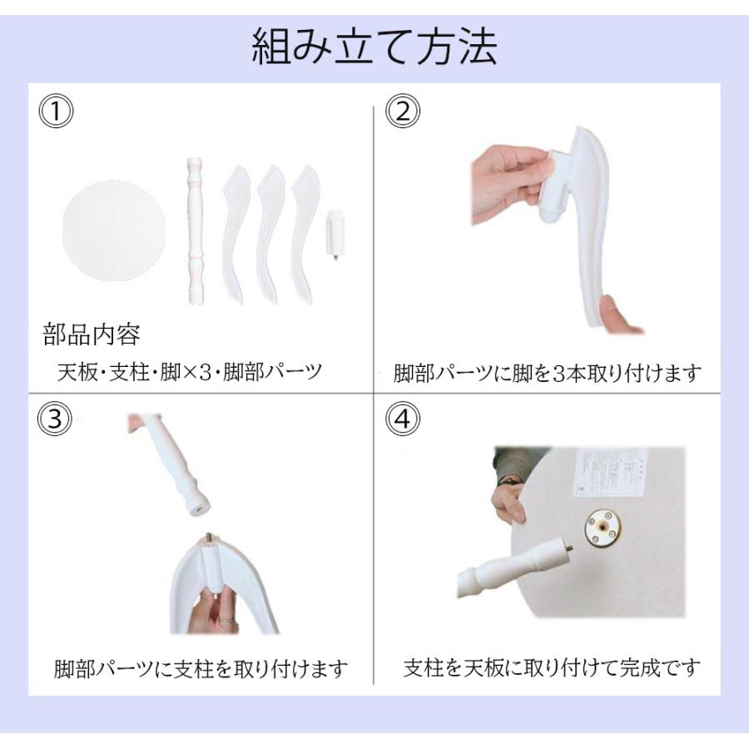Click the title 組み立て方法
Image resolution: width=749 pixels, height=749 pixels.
[x=374, y=47]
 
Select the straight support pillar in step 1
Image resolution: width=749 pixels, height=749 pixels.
[x=193, y=230]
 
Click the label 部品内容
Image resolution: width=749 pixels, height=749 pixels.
[x=92, y=335]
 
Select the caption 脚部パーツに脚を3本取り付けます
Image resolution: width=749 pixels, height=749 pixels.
[x=548, y=374]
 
